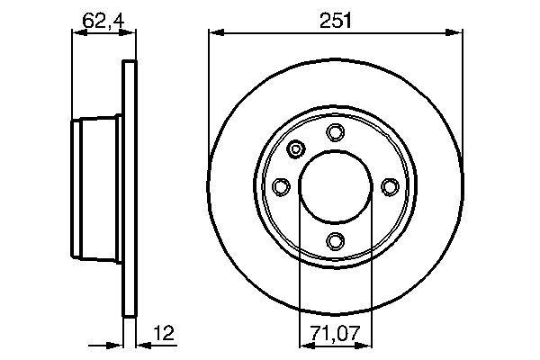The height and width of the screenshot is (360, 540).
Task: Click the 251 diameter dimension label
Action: pyautogui.click(x=335, y=21)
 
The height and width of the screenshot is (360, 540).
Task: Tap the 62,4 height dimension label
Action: pyautogui.click(x=103, y=22)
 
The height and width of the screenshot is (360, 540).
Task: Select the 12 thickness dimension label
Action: pyautogui.click(x=165, y=333)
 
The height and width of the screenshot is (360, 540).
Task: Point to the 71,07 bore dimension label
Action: pyautogui.click(x=335, y=333)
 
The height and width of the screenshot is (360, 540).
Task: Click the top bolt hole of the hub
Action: pyautogui.click(x=335, y=132)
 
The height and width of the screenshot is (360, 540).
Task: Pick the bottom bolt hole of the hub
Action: pyautogui.click(x=335, y=241)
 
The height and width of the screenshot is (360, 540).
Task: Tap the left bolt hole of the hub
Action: pyautogui.click(x=281, y=186)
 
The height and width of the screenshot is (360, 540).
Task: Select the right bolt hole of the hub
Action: pyautogui.click(x=390, y=186)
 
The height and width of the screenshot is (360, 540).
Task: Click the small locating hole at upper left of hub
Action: pyautogui.click(x=296, y=148)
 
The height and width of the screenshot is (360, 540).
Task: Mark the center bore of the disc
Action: pyautogui.click(x=336, y=186)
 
